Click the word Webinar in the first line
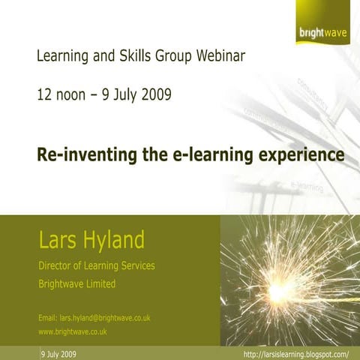point(219,55)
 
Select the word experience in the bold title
point(301,154)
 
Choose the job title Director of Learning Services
point(97,265)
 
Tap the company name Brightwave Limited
point(77,283)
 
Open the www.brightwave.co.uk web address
point(73,331)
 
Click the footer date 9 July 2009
point(58,353)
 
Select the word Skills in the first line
point(119,55)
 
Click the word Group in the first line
point(164,55)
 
